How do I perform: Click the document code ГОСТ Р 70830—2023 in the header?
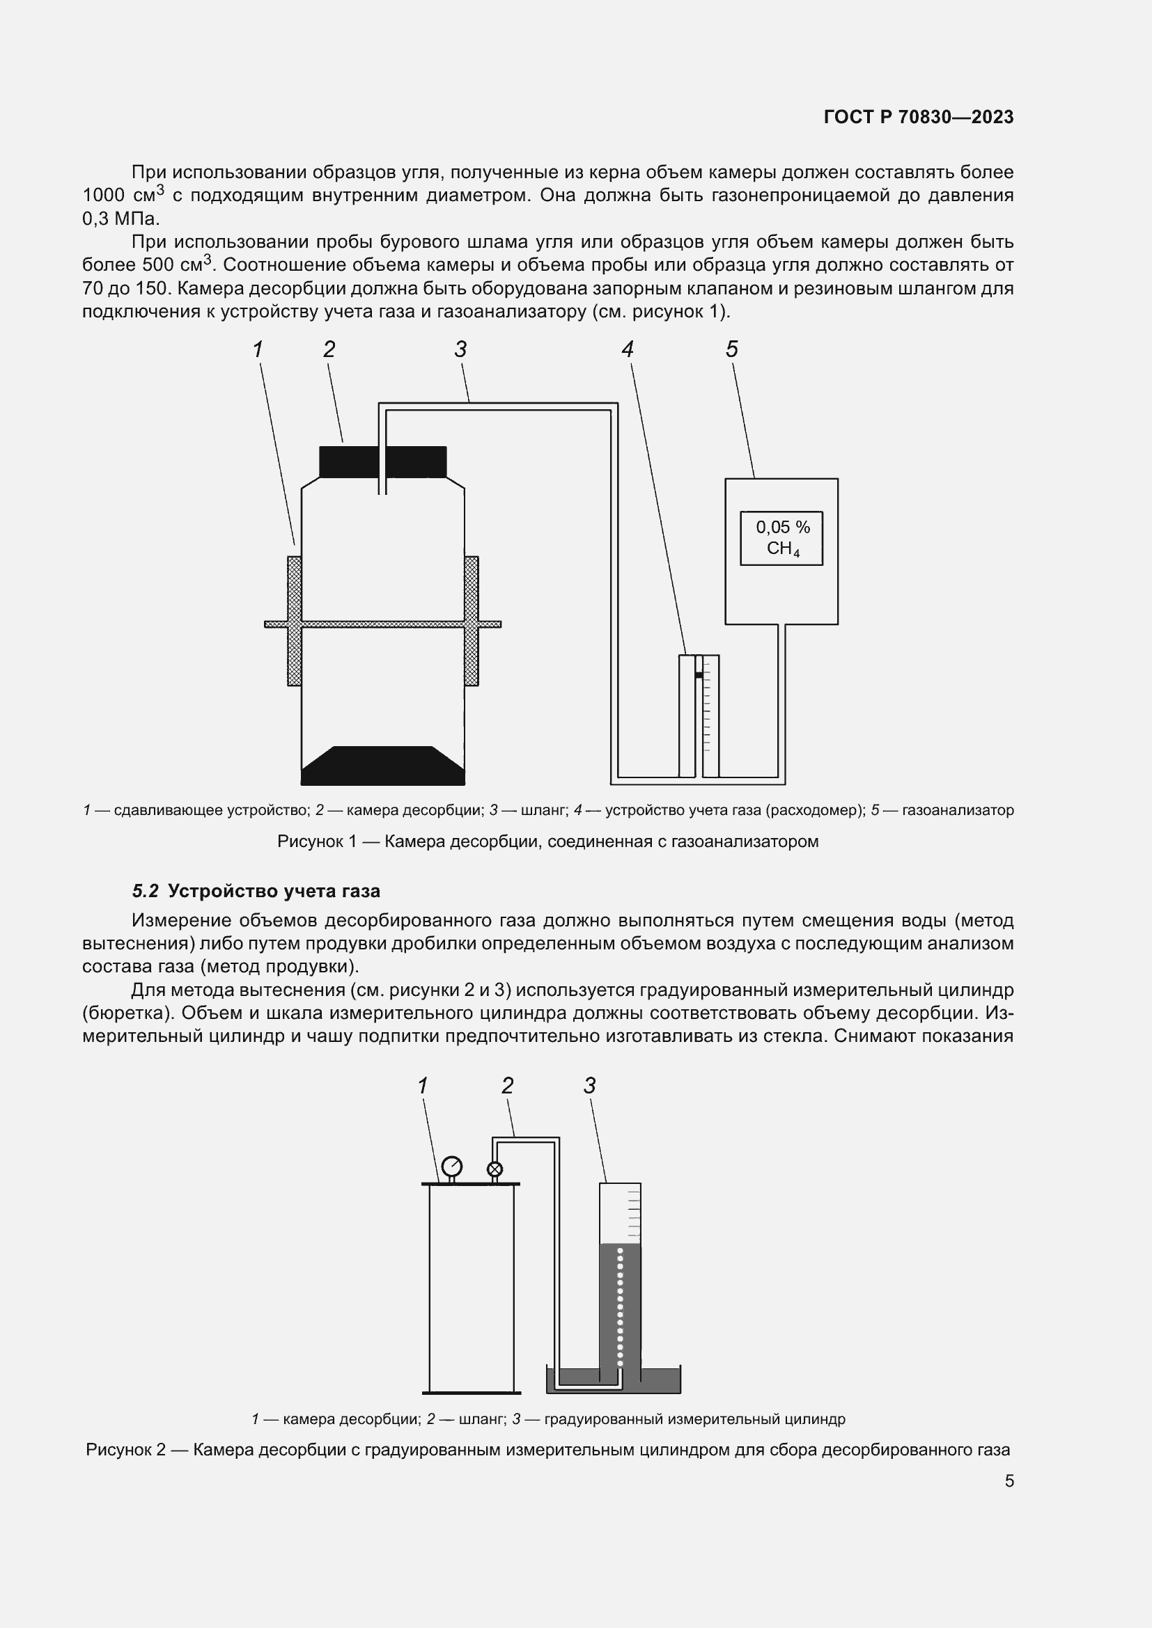[x=919, y=117]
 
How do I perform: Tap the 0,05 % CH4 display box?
[x=781, y=538]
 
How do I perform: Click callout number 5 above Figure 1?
[x=731, y=349]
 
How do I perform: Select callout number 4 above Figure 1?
[x=627, y=349]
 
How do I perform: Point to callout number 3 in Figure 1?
[x=460, y=349]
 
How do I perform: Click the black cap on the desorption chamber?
[x=383, y=461]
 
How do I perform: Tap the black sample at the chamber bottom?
[x=383, y=766]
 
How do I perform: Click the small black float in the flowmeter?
[x=699, y=675]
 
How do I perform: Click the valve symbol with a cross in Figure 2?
[x=495, y=1169]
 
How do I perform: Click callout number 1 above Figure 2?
[x=423, y=1086]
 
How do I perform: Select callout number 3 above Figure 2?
[x=589, y=1086]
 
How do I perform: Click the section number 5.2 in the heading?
[x=145, y=892]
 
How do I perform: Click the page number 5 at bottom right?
[x=1009, y=1481]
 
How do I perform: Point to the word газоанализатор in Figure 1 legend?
[x=958, y=809]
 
